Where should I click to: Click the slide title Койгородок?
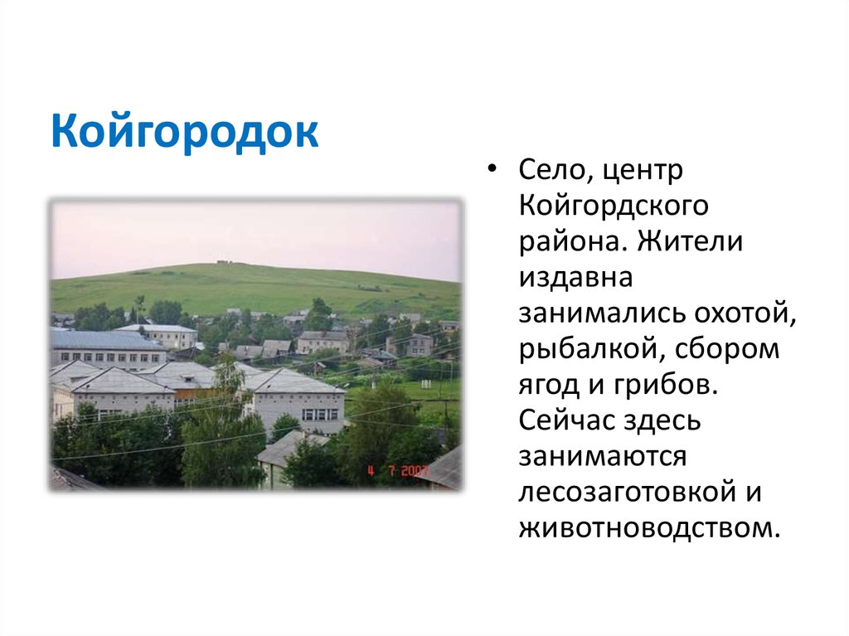tap(184, 132)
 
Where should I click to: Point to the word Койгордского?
tap(613, 207)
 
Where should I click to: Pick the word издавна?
tap(575, 278)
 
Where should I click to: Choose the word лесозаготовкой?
tap(627, 492)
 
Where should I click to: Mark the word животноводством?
tap(650, 527)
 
